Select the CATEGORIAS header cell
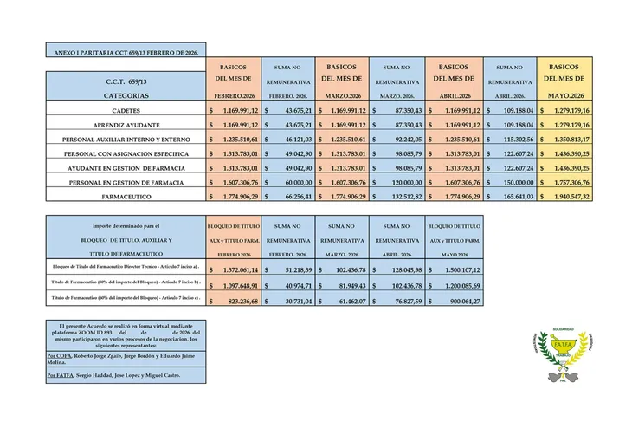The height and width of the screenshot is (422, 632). point(126,95)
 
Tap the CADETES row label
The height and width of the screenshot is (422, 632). point(126,111)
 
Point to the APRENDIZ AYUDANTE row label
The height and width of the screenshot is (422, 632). point(126,125)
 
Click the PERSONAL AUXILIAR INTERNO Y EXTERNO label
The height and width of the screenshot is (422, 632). point(126,140)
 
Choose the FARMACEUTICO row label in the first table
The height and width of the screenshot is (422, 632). point(126,197)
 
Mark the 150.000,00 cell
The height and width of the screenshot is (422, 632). point(512,183)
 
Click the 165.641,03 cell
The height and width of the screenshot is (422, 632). point(512,197)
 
